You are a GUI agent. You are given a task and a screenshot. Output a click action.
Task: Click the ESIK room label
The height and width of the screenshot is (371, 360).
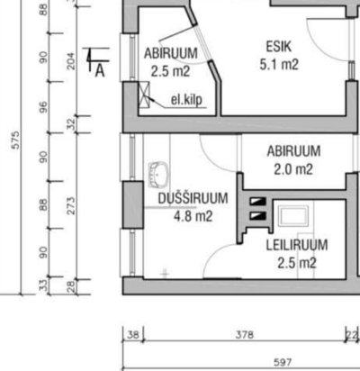(x=279, y=47)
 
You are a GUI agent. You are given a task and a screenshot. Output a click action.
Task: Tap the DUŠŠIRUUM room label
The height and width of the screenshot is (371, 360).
(x=193, y=198)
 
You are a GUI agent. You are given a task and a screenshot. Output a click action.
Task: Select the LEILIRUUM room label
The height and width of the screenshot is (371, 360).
(x=297, y=245)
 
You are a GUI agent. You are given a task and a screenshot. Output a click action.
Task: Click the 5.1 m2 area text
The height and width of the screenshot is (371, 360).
(x=279, y=65)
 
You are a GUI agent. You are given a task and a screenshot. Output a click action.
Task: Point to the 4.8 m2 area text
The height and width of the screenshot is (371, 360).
(x=193, y=216)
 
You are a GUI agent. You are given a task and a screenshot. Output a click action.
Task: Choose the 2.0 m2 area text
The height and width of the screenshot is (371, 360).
(x=293, y=169)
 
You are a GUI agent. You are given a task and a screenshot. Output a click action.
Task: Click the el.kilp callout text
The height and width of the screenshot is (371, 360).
(x=186, y=100)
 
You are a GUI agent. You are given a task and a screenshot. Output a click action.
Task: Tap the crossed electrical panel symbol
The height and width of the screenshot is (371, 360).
(x=144, y=95)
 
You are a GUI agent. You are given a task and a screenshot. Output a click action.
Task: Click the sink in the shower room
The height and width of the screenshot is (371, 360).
(x=158, y=175)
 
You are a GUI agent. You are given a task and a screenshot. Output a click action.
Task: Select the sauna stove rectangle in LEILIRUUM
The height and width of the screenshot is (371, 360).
(x=293, y=216)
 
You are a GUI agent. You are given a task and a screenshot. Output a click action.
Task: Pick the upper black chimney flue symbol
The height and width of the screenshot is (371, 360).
(x=258, y=202)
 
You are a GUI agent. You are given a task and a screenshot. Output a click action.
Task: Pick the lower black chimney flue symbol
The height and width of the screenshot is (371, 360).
(x=258, y=216)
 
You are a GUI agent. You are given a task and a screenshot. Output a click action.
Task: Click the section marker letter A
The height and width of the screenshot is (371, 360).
(x=100, y=71)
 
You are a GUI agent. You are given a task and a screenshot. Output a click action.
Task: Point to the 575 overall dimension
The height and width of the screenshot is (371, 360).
(x=15, y=140)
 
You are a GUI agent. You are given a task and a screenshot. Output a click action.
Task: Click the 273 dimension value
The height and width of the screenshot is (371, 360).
(x=71, y=205)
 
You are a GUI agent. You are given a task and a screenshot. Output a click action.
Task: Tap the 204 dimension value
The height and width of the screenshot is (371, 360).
(x=71, y=61)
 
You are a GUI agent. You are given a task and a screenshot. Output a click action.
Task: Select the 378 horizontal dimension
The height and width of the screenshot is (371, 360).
(x=245, y=334)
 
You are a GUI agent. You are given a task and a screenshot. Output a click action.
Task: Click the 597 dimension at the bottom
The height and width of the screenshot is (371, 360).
(x=283, y=363)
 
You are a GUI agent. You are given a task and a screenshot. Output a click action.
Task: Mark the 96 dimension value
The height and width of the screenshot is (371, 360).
(x=44, y=107)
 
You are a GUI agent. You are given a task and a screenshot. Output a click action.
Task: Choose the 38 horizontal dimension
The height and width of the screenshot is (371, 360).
(x=133, y=334)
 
